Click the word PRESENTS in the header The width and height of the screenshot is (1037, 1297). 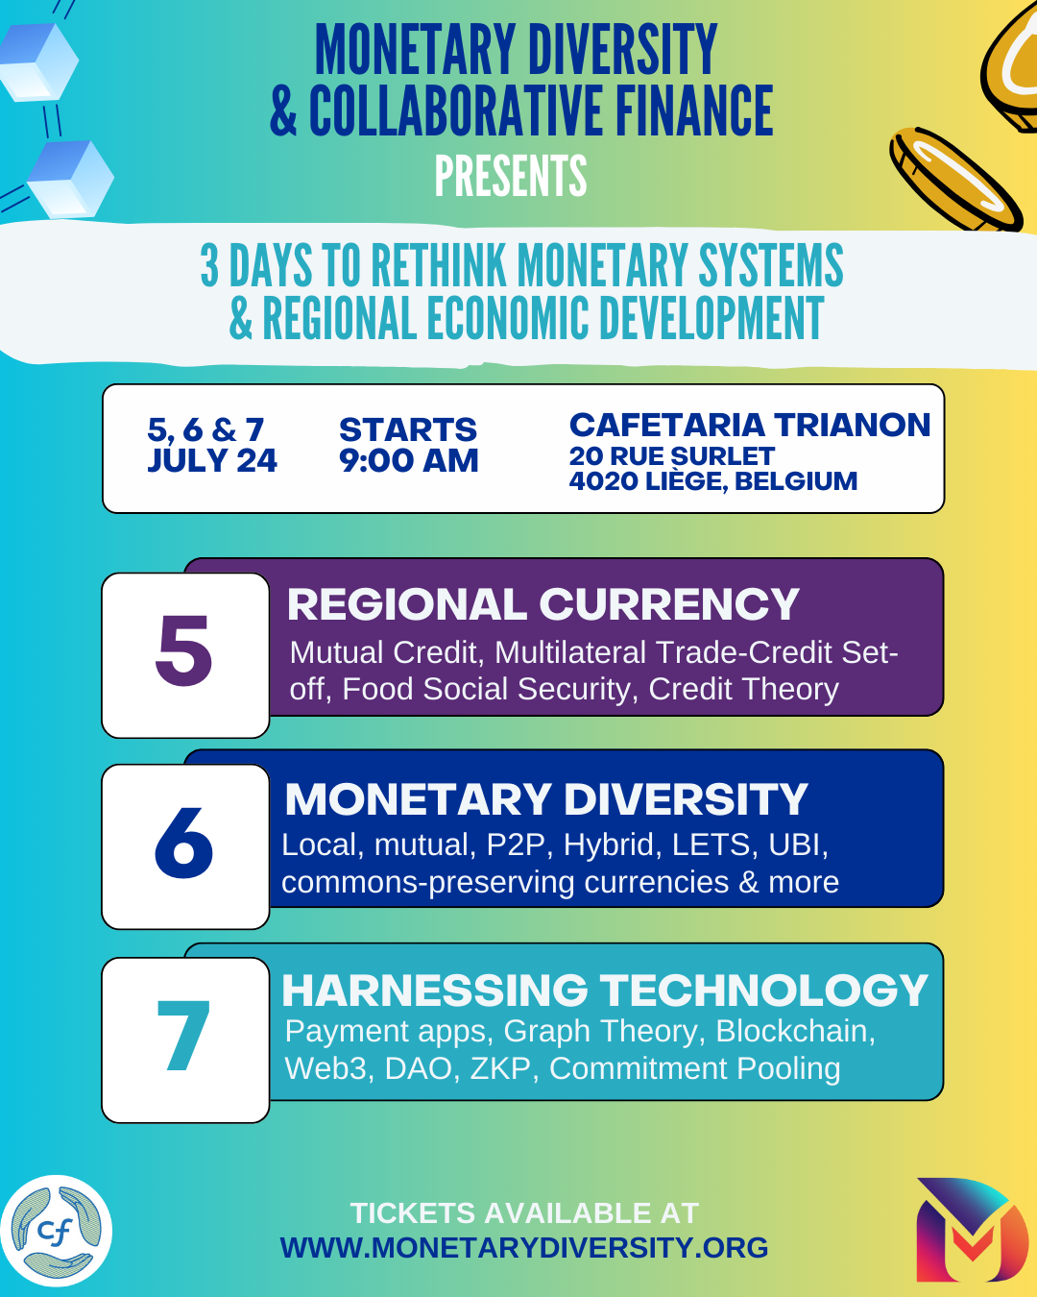point(511,177)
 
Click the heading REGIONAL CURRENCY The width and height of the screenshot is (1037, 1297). point(543,604)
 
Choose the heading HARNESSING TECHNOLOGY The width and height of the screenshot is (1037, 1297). point(604,991)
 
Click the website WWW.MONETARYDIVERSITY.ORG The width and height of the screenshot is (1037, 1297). point(524,1247)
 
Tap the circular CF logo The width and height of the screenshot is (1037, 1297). point(57,1231)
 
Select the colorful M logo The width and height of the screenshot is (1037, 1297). point(971,1231)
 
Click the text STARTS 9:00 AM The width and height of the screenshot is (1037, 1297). point(408,445)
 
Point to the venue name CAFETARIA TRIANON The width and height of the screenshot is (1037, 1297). point(750,425)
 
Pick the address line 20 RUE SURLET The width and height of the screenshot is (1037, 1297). point(671,455)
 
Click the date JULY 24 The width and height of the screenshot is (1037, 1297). point(212,461)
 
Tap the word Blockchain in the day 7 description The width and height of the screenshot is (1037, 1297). point(795,1031)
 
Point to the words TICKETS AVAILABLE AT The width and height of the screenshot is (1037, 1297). point(524,1212)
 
